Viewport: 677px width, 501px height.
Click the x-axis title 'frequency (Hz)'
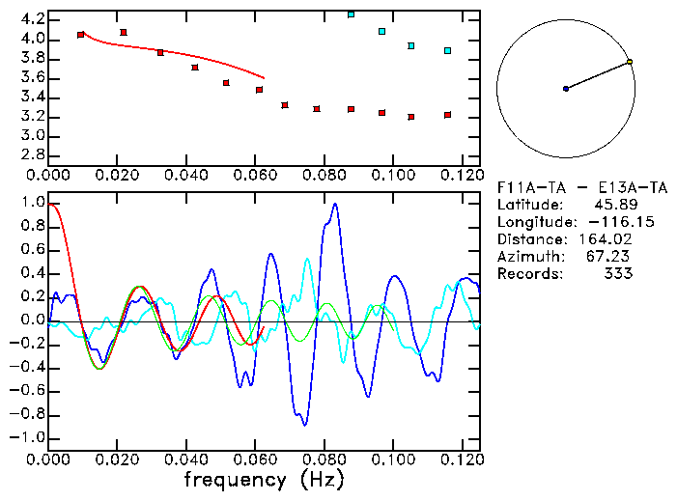point(264,480)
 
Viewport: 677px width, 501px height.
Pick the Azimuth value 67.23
point(611,257)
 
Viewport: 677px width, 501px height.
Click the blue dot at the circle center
point(566,89)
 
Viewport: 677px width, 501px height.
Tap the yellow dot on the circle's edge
point(630,62)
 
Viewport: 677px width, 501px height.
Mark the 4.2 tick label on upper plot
point(33,19)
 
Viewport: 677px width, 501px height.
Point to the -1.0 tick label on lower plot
point(30,437)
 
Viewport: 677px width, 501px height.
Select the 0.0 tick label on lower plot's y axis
point(33,320)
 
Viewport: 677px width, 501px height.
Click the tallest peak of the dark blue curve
point(335,204)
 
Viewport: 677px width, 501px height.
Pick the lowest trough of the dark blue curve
point(305,425)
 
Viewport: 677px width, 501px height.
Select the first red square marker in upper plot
point(80,35)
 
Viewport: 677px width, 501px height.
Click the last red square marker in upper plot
point(447,115)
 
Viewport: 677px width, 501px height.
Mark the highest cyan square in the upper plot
point(351,14)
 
